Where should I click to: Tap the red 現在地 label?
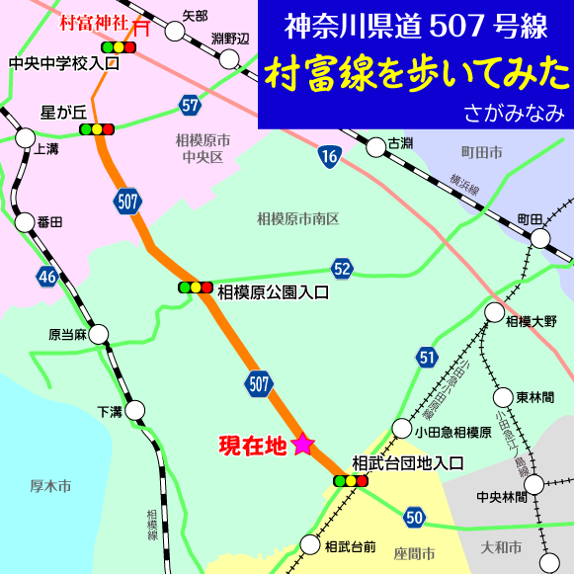pyautogui.click(x=252, y=446)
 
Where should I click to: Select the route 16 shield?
pyautogui.click(x=329, y=155)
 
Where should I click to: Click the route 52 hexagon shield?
pyautogui.click(x=342, y=269)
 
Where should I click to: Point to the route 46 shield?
pyautogui.click(x=47, y=277)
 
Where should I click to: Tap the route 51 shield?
pyautogui.click(x=426, y=358)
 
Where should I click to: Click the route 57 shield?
pyautogui.click(x=191, y=103)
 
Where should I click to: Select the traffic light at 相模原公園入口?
pyautogui.click(x=196, y=287)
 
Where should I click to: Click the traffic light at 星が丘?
pyautogui.click(x=97, y=128)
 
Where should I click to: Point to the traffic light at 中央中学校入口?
pyautogui.click(x=119, y=46)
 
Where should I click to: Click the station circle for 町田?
pyautogui.click(x=540, y=238)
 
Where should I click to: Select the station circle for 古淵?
pyautogui.click(x=375, y=148)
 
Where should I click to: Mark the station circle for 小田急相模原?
pyautogui.click(x=401, y=429)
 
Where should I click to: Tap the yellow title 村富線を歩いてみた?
pyautogui.click(x=416, y=74)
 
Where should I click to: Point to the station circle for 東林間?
pyautogui.click(x=502, y=397)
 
